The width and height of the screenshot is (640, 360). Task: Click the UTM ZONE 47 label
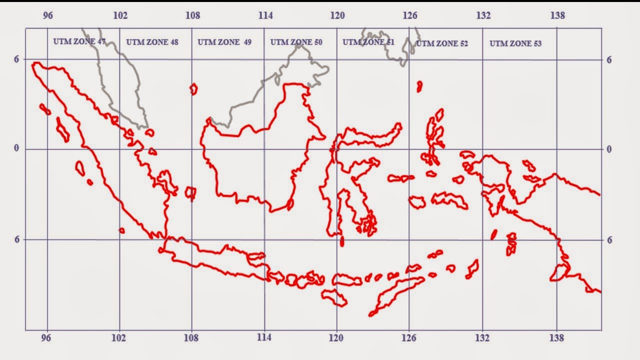point(79,41)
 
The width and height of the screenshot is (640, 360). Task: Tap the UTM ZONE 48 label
point(152,42)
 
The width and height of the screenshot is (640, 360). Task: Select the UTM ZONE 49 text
point(224,42)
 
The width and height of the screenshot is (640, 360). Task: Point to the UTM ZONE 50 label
point(296,42)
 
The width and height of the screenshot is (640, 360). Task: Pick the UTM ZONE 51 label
point(368,42)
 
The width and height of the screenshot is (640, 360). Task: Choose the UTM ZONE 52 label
point(442,43)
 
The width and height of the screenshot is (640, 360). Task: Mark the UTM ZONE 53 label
point(515,43)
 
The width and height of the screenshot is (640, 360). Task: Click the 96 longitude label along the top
point(48,15)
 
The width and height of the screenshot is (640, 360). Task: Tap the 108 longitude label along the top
point(193,15)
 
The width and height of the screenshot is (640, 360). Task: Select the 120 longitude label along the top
point(337,15)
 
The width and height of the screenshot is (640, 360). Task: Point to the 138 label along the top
point(557,15)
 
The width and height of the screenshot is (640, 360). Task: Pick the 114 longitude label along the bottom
point(264,338)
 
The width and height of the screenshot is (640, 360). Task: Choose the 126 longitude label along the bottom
point(409,338)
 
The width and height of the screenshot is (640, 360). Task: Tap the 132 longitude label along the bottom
point(483,338)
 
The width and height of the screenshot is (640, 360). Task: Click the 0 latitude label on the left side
point(16,149)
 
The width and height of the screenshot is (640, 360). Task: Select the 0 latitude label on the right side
point(609,149)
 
